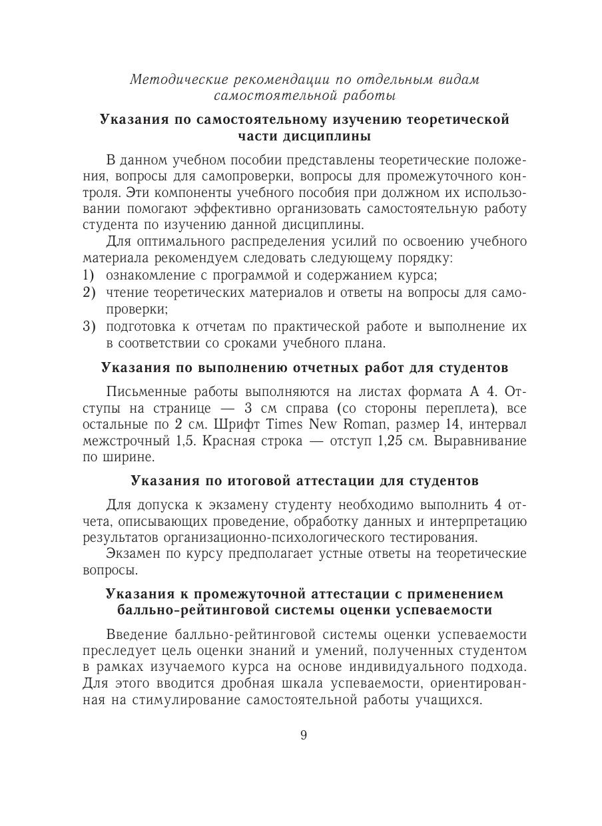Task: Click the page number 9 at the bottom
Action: point(303,735)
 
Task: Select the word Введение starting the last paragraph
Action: point(141,634)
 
